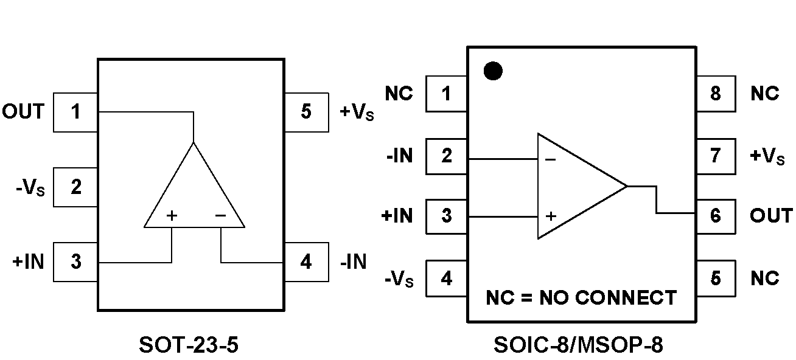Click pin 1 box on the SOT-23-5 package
pyautogui.click(x=75, y=112)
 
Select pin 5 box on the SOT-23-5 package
pyautogui.click(x=306, y=112)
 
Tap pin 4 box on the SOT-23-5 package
pyautogui.click(x=306, y=262)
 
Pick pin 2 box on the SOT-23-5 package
pyautogui.click(x=75, y=187)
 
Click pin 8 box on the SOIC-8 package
pyautogui.click(x=715, y=94)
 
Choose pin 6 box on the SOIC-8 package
pyautogui.click(x=715, y=215)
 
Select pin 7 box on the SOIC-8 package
pyautogui.click(x=715, y=156)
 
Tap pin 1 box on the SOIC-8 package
pyautogui.click(x=447, y=94)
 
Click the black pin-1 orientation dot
pyautogui.click(x=493, y=71)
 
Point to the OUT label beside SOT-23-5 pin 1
pyautogui.click(x=24, y=112)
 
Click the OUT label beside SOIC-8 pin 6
pyautogui.click(x=771, y=215)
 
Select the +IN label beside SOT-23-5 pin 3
pyautogui.click(x=28, y=262)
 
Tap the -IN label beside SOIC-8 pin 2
pyautogui.click(x=399, y=156)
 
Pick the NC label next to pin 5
pyautogui.click(x=764, y=278)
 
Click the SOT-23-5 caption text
pyautogui.click(x=189, y=345)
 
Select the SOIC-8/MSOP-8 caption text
pyautogui.click(x=578, y=345)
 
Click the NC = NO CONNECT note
pyautogui.click(x=581, y=298)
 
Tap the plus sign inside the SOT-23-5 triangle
pyautogui.click(x=172, y=215)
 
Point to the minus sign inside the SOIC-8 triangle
pyautogui.click(x=550, y=159)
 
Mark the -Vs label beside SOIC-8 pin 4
pyautogui.click(x=399, y=280)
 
